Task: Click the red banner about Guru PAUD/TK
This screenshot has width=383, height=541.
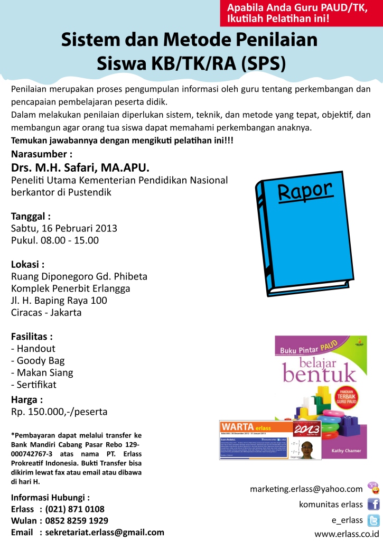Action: pos(301,13)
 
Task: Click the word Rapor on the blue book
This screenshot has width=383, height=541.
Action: pos(305,192)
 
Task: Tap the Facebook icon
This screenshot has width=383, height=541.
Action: pos(373,504)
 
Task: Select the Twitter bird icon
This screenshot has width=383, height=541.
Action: pos(373,520)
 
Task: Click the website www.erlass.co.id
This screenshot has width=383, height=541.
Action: pos(351,534)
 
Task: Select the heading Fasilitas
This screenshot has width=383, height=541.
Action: pos(32,336)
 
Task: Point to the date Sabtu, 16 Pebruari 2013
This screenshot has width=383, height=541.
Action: pos(64,228)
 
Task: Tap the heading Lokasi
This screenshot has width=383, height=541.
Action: pos(28,264)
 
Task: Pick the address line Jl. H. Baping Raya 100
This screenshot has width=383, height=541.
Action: pos(59,301)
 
